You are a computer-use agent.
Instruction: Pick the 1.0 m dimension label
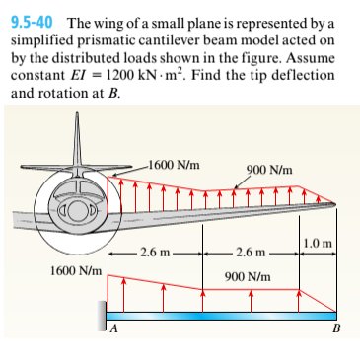point(321,243)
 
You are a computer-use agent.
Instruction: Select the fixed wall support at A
point(102,320)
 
